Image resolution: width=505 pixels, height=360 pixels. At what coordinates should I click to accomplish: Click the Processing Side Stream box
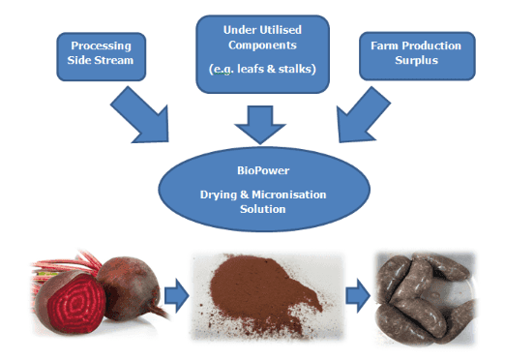tap(102, 56)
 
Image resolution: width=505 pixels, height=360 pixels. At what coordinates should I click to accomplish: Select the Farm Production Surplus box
tap(417, 56)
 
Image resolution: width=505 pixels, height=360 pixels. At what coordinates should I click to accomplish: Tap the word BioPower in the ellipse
tap(263, 170)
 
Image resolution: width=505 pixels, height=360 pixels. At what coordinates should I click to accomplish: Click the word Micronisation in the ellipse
tap(289, 195)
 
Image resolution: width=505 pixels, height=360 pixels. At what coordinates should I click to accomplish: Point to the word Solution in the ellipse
tap(263, 209)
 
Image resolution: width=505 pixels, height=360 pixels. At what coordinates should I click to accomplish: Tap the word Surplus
tap(417, 61)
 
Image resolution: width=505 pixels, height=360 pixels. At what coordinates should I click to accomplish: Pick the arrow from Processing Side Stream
tap(142, 116)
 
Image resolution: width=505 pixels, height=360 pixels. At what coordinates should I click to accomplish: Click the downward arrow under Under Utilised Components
tap(260, 125)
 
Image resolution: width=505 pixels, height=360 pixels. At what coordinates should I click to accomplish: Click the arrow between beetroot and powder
tap(176, 295)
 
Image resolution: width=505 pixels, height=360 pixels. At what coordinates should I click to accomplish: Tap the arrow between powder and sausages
tap(358, 295)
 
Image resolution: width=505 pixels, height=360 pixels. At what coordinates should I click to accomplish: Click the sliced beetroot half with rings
tap(71, 302)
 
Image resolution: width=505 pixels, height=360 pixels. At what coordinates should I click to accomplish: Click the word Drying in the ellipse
tap(219, 195)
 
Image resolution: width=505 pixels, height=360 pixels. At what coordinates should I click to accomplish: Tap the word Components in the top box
tap(262, 45)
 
